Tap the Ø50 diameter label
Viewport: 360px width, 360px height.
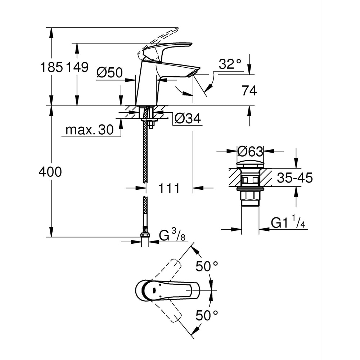point(109,73)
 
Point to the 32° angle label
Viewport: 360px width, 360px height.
point(230,64)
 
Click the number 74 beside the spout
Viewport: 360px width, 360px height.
point(249,91)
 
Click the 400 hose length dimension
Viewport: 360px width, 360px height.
point(50,172)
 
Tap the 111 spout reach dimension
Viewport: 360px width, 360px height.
point(169,188)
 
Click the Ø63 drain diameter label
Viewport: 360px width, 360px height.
point(250,152)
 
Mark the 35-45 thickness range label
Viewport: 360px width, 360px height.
point(295,178)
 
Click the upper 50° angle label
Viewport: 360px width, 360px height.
point(207,266)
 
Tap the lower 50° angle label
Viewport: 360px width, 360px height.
point(207,316)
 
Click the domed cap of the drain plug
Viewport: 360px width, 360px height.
point(250,163)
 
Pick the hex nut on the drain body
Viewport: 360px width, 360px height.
point(250,195)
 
